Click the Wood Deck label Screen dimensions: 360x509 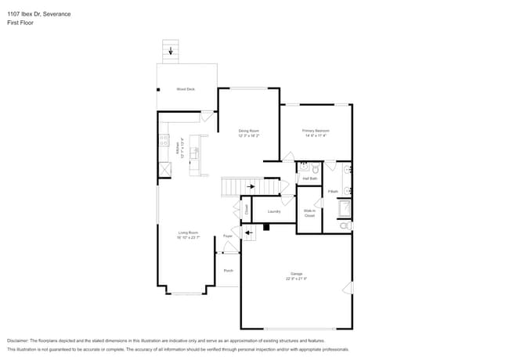186,89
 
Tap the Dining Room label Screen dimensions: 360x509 249,131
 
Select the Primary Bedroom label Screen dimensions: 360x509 316,131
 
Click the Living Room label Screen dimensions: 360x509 188,232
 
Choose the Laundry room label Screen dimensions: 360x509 274,211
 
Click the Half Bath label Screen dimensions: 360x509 309,178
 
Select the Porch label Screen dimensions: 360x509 229,271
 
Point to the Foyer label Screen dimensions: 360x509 228,235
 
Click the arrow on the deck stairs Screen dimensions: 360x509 171,51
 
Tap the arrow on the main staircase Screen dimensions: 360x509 251,187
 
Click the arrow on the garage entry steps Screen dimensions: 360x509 248,232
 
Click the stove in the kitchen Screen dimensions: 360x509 164,142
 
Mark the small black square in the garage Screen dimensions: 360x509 267,228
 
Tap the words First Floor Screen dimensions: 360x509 20,23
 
